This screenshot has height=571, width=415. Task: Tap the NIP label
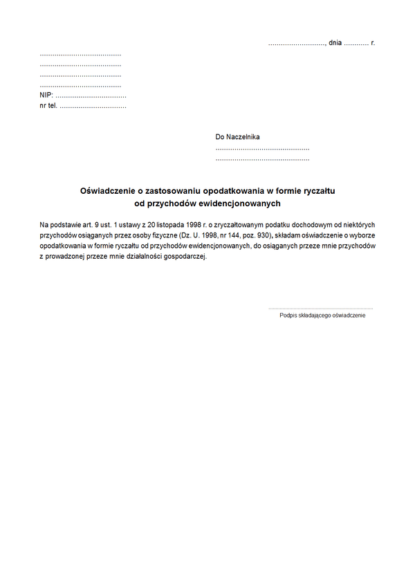[46, 96]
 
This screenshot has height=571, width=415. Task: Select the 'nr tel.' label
[48, 106]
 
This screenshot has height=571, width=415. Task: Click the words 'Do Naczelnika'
[238, 137]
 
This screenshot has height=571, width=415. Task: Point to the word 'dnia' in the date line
[335, 43]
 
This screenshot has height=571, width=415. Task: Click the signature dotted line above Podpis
[320, 307]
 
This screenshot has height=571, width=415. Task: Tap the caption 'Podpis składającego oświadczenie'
[322, 316]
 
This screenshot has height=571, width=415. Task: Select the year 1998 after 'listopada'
[189, 224]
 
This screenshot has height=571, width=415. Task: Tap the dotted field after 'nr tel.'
[93, 107]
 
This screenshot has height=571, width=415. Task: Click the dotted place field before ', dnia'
[296, 44]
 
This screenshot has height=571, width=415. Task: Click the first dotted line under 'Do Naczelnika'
[262, 148]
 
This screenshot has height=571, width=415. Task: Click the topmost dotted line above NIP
[80, 54]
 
